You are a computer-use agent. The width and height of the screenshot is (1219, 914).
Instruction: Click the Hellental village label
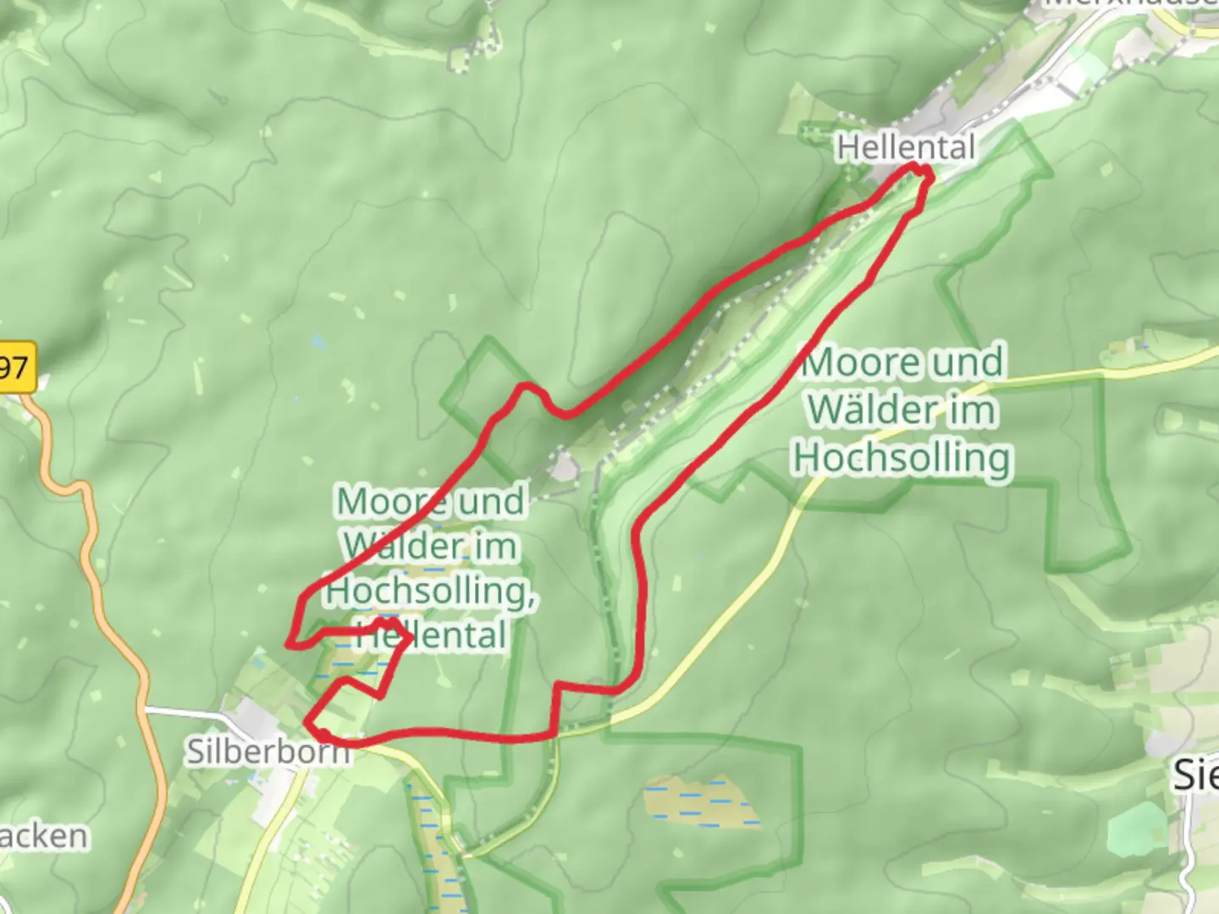[906, 148]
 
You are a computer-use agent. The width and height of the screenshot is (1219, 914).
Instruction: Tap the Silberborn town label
[268, 751]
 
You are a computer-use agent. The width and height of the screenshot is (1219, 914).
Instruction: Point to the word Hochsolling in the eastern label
[902, 458]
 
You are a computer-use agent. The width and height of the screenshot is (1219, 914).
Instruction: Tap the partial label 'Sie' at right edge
[1194, 775]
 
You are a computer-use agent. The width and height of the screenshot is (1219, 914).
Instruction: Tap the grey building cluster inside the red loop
[564, 465]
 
